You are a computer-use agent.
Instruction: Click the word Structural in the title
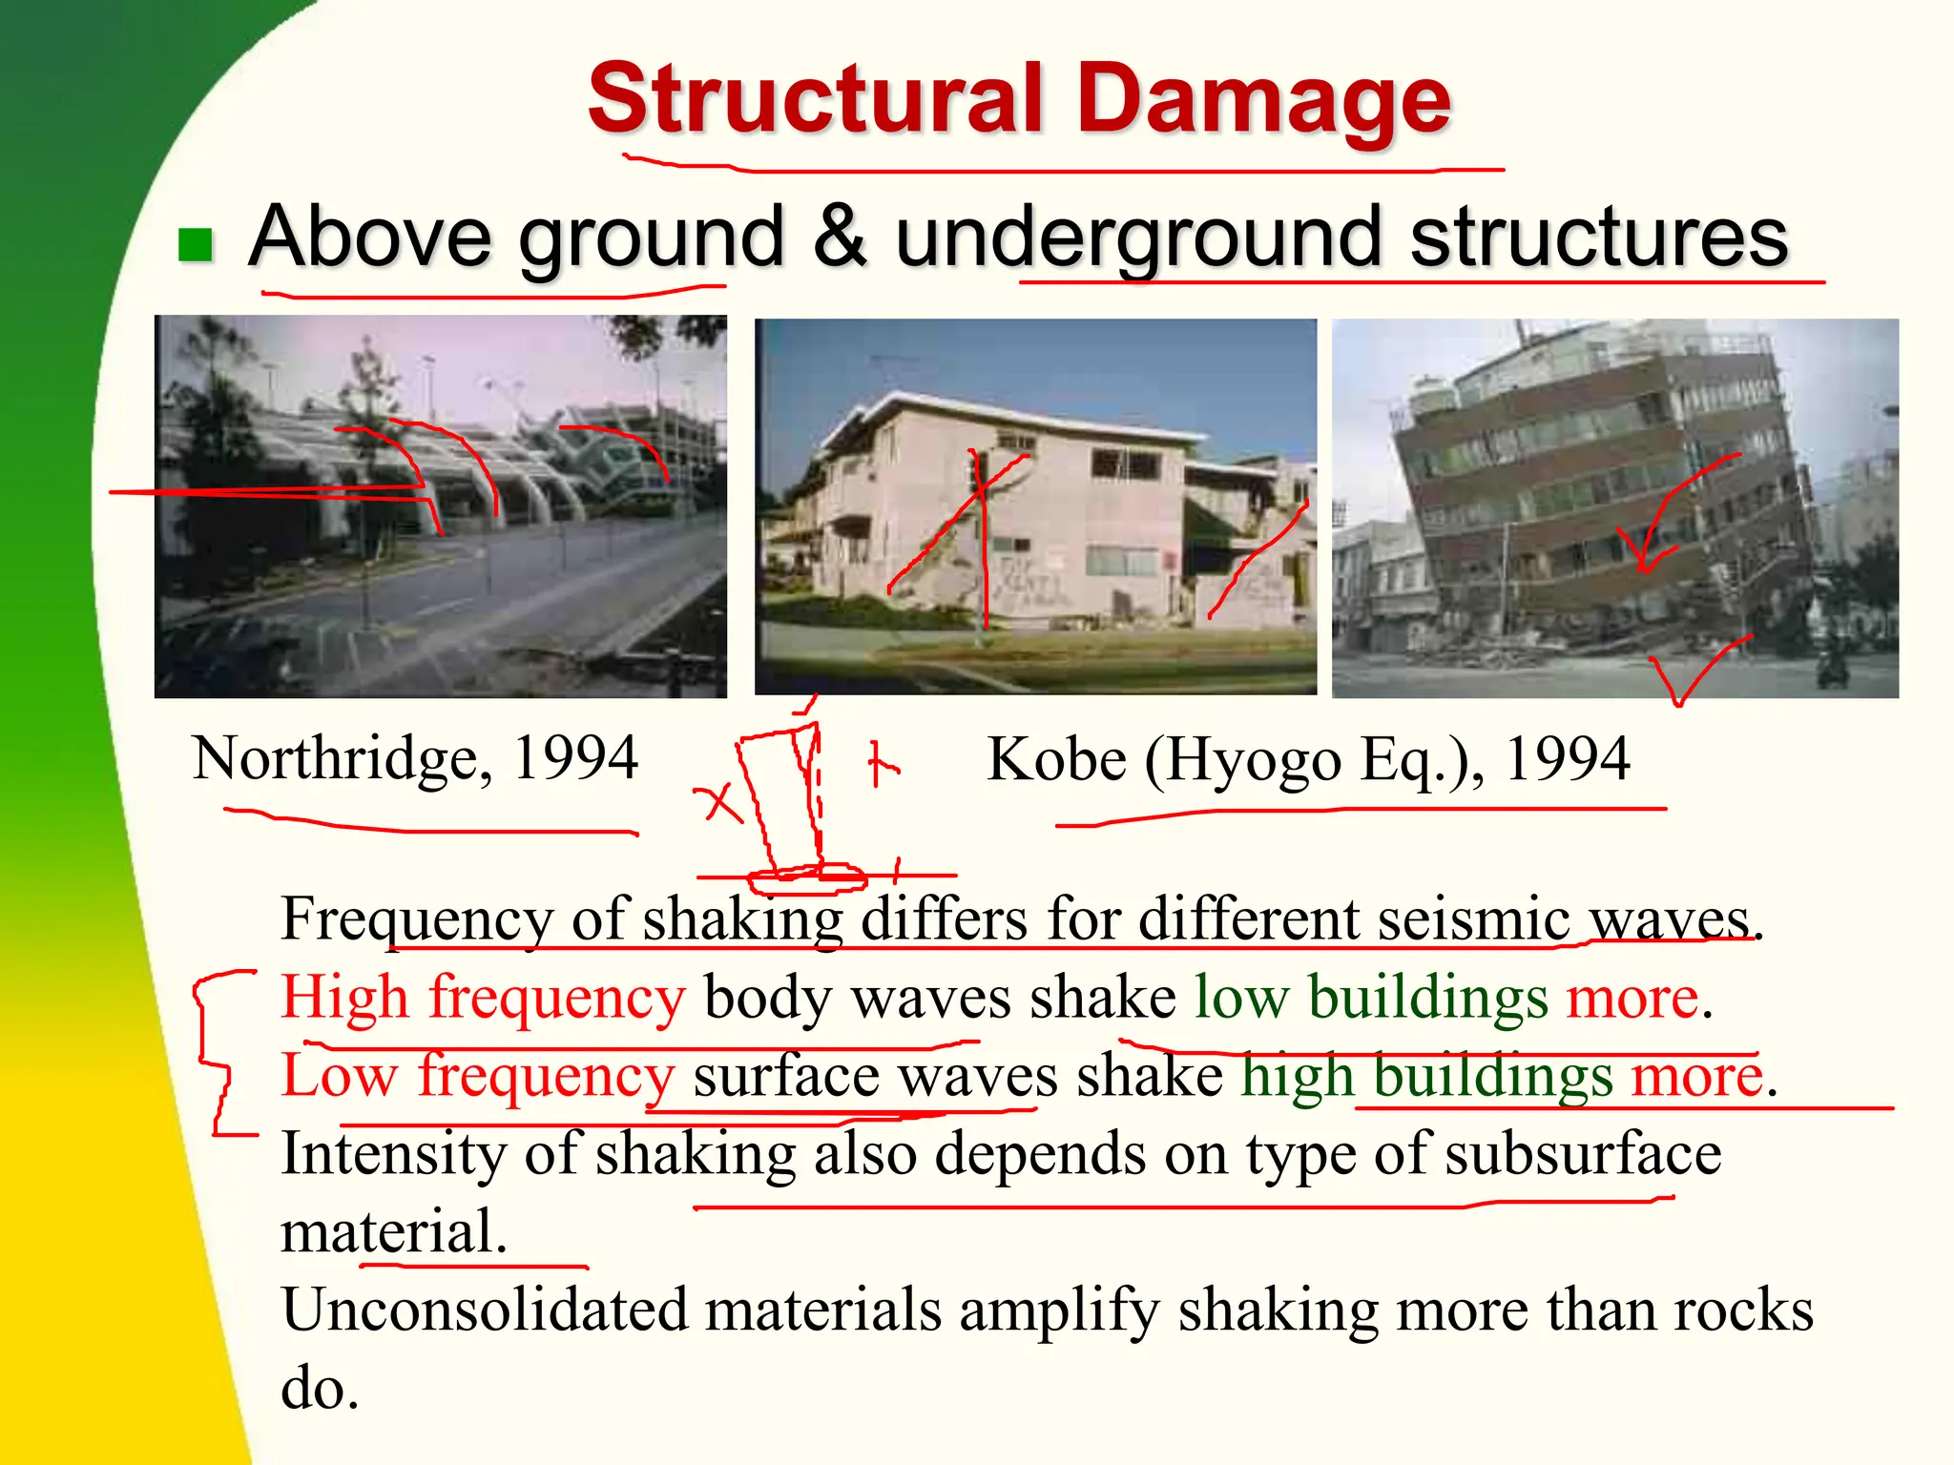pos(815,98)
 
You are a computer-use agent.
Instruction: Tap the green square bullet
pos(196,244)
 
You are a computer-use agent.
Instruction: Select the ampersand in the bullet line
pos(840,236)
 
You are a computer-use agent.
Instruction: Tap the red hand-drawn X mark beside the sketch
pos(721,803)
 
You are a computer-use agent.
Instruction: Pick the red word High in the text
pos(344,999)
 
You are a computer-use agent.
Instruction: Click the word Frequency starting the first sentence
pos(416,920)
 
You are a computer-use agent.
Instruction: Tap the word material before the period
pos(387,1231)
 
